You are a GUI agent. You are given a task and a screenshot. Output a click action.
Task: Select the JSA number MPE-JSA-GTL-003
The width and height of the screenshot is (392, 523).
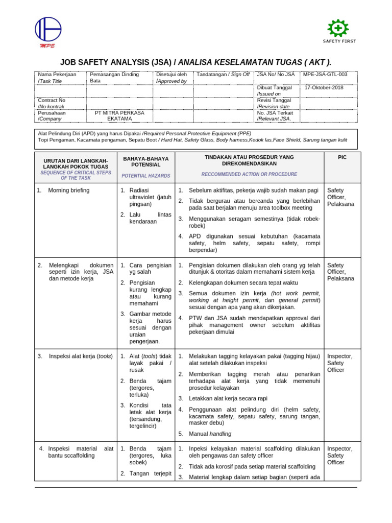coord(325,75)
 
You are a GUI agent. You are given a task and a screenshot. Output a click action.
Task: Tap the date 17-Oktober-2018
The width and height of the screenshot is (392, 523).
coord(324,88)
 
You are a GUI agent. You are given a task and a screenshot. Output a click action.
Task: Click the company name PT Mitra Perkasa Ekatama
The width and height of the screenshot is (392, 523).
coord(119,115)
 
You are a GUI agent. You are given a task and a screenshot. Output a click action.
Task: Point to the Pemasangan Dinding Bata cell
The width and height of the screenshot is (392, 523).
coord(114,78)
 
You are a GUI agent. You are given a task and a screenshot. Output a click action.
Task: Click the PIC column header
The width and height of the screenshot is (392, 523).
coord(342,158)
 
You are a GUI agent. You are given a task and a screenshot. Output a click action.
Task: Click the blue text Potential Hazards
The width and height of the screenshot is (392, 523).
coord(146,176)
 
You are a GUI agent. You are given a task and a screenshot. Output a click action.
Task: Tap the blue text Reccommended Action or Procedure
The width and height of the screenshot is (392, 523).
coord(249,174)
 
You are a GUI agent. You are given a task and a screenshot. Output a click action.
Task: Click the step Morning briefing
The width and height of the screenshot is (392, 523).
coord(68,191)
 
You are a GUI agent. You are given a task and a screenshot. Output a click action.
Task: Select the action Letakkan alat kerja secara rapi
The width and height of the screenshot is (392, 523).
coord(228,398)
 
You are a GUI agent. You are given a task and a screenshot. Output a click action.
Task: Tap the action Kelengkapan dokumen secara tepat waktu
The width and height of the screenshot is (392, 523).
coord(236,282)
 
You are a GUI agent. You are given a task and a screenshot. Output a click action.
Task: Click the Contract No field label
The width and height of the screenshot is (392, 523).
coord(52,101)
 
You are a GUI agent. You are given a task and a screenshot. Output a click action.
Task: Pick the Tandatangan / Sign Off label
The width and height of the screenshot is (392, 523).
coord(224,75)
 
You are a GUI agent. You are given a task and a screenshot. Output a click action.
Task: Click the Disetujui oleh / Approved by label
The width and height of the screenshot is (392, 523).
coord(171,78)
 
